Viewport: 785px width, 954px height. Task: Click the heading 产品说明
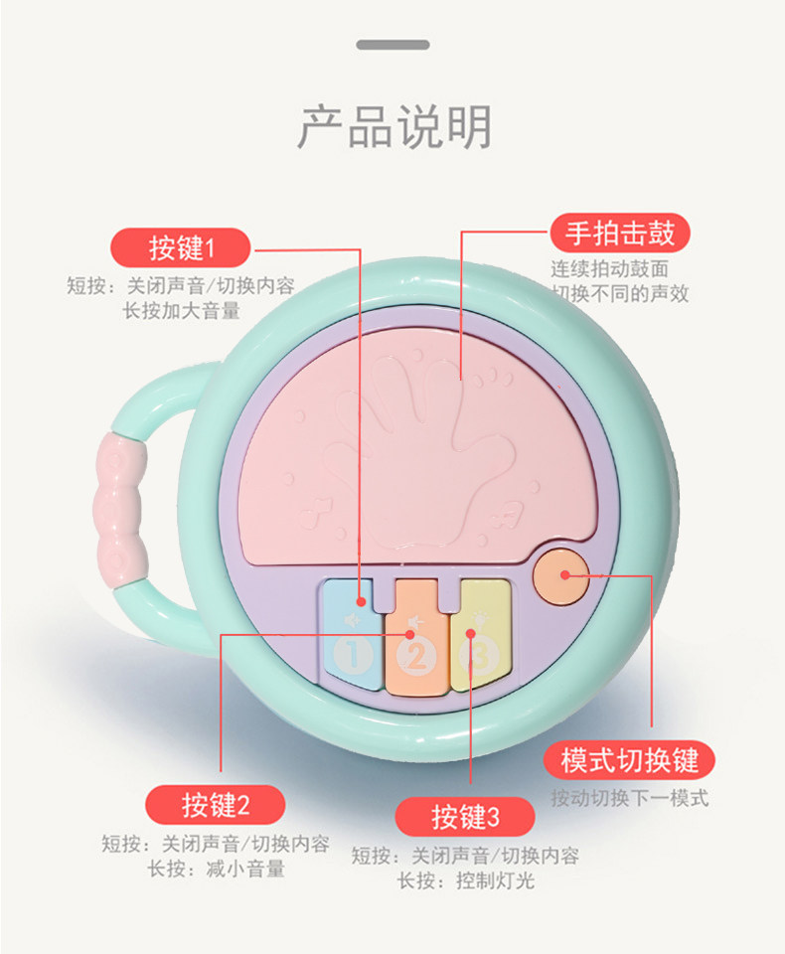point(394,127)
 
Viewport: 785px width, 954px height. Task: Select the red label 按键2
point(216,804)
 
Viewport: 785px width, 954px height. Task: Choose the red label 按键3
point(465,816)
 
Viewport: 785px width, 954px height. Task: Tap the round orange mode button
point(558,575)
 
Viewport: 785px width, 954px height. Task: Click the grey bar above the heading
point(392,45)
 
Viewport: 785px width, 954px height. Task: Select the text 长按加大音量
point(181,310)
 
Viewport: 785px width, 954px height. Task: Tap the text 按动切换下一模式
point(630,798)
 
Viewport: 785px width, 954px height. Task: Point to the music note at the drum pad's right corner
point(510,515)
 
